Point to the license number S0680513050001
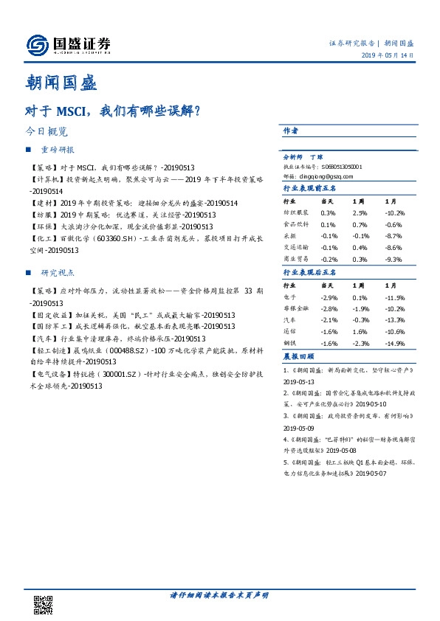(346, 167)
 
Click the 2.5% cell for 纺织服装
(360, 212)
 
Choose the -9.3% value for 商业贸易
(393, 260)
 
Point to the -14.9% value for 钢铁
(394, 342)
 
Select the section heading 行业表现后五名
(310, 272)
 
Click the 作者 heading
(291, 131)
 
